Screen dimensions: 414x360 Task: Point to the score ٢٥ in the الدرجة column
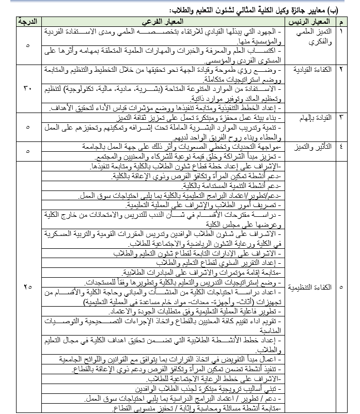pos(28,286)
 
